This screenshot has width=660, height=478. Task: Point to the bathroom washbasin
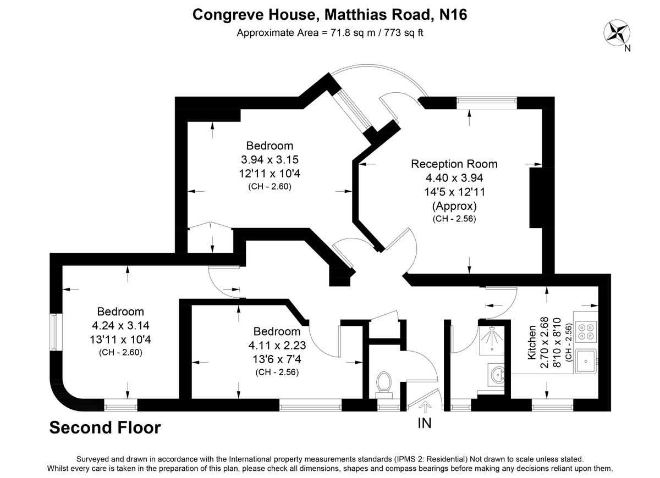pyautogui.click(x=498, y=375)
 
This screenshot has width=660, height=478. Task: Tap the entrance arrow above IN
pyautogui.click(x=425, y=407)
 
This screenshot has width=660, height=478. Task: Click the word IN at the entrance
pyautogui.click(x=425, y=423)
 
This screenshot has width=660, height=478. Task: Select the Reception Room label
pyautogui.click(x=454, y=164)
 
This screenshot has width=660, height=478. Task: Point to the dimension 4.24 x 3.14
pyautogui.click(x=120, y=325)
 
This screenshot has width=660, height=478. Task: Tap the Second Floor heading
pyautogui.click(x=105, y=427)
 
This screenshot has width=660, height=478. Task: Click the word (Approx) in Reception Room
pyautogui.click(x=454, y=206)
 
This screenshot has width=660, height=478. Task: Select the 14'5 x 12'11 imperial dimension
pyautogui.click(x=454, y=192)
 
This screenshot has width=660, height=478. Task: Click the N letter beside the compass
pyautogui.click(x=627, y=48)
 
